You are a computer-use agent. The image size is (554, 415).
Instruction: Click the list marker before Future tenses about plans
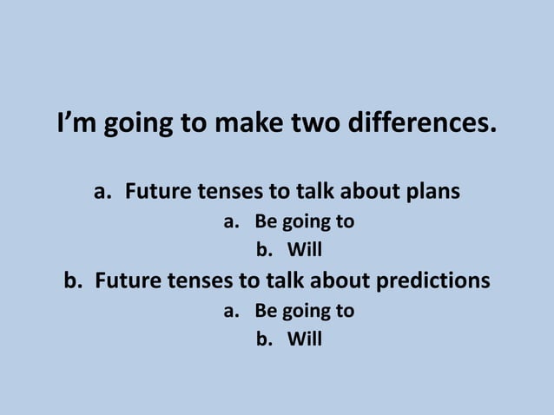[102, 191]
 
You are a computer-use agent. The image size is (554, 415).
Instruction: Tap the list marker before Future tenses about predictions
[73, 281]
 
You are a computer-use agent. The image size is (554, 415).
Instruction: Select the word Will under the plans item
[304, 251]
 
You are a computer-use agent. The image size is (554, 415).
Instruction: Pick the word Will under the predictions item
[304, 339]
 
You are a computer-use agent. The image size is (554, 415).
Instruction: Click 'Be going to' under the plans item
[304, 221]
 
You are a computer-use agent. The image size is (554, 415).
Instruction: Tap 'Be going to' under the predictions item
[304, 310]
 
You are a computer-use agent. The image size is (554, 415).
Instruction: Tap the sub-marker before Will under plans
[262, 251]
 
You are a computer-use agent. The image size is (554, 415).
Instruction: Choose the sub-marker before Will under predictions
[262, 339]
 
